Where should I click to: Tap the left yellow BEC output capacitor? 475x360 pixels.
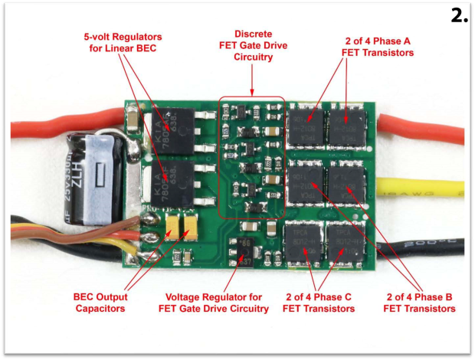(172, 224)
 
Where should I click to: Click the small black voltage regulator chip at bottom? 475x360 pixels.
(246, 250)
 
